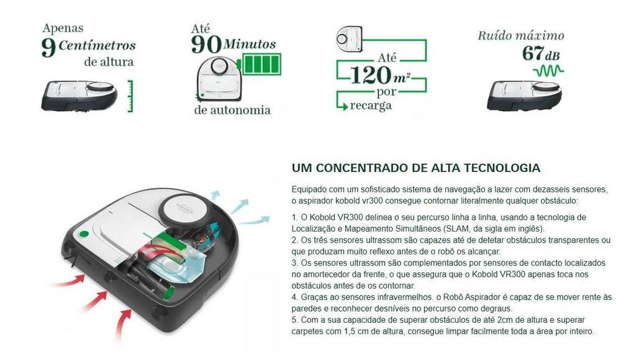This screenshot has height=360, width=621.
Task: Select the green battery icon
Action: (x=258, y=65)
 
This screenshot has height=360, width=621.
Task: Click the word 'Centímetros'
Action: (x=97, y=45)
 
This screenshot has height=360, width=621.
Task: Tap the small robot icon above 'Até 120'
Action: (x=350, y=37)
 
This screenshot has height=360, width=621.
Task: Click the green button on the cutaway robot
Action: (x=83, y=235)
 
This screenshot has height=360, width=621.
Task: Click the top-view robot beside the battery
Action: (x=217, y=78)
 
